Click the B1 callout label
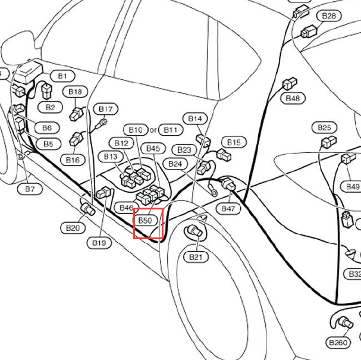tap(62, 76)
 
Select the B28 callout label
tap(329, 16)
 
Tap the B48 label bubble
tap(293, 98)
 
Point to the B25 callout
tap(324, 127)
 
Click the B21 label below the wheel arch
tap(196, 257)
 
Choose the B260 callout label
tap(338, 343)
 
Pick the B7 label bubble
tap(30, 189)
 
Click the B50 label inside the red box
tap(145, 220)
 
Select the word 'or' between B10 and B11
tap(153, 130)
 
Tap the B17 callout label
tap(106, 109)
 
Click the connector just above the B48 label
tap(290, 83)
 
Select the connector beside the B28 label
tap(309, 32)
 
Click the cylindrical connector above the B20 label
tap(88, 209)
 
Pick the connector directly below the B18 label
tap(76, 114)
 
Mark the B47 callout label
tap(228, 209)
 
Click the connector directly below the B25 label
tap(329, 142)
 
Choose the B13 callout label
tap(111, 157)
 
